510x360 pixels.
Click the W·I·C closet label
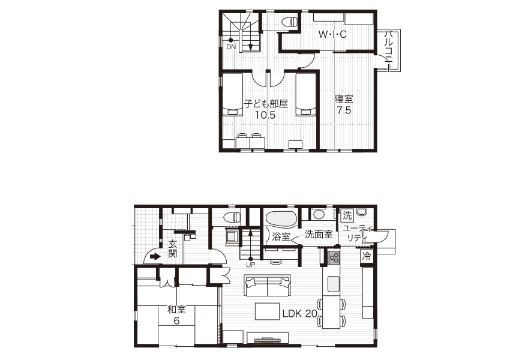(x=332, y=34)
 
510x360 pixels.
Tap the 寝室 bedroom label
(x=344, y=99)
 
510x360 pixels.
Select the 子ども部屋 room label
(x=266, y=104)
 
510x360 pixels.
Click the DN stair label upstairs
(x=231, y=47)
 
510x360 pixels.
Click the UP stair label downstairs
(x=250, y=265)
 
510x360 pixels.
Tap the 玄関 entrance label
(x=172, y=249)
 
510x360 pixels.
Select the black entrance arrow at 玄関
(x=155, y=257)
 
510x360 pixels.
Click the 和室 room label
(x=176, y=310)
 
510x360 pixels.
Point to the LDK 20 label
(x=299, y=313)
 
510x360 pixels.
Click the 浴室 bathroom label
(x=281, y=236)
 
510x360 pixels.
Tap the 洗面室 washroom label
(x=319, y=234)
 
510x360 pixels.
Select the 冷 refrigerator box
(x=367, y=256)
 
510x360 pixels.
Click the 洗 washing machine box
(x=347, y=215)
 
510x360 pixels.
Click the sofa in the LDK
(x=268, y=285)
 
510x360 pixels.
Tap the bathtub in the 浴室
(x=281, y=218)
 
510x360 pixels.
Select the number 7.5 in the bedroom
(x=344, y=110)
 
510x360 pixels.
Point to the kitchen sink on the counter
(x=334, y=284)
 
